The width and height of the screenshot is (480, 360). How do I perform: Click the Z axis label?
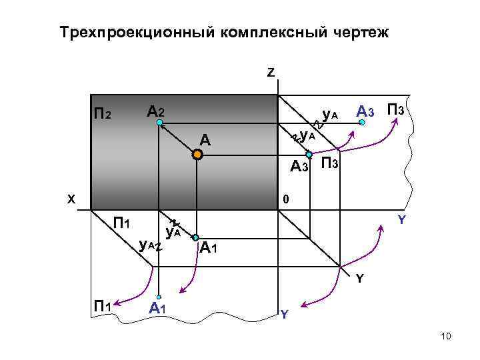coord(271,73)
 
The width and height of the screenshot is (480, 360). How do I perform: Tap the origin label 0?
coord(285,199)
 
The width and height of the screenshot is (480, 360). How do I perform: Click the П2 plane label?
coord(105,115)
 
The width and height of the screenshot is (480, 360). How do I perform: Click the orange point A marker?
coord(197,155)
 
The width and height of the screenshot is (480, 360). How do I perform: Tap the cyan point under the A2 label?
coord(158,123)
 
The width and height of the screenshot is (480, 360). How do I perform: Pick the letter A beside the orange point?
coord(205,140)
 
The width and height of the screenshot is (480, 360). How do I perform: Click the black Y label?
coord(359,278)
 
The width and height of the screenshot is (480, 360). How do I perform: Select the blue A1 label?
coord(157,308)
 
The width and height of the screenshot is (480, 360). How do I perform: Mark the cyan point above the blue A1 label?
coord(158,297)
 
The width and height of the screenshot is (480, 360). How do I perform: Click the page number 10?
coord(446,337)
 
